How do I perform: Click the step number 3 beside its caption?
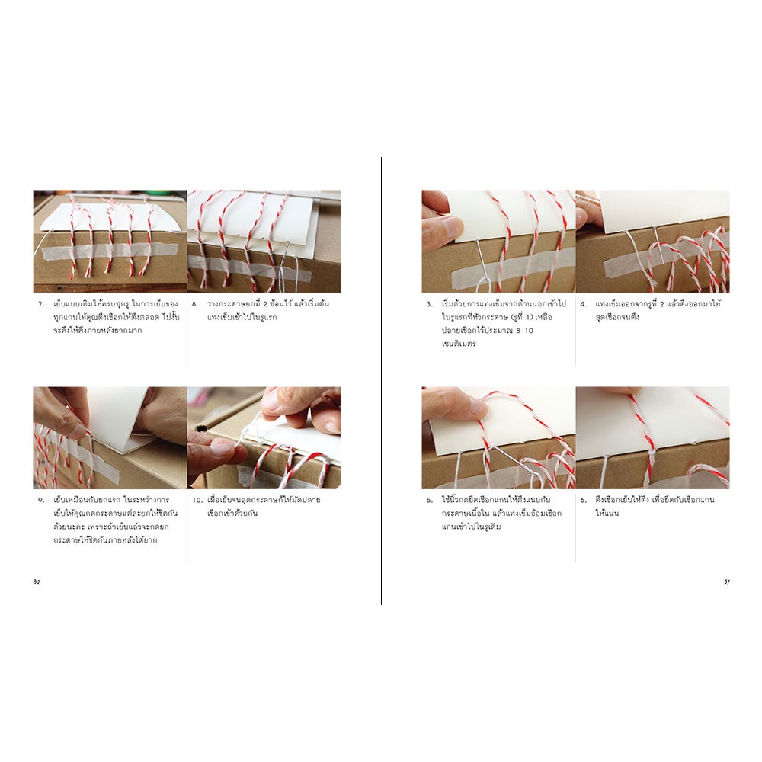coord(429,304)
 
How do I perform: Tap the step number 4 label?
coord(583,304)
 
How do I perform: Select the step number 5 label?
coord(429,500)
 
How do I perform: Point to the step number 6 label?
coord(583,500)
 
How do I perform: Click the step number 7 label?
coord(41,304)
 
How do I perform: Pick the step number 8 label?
coord(195,304)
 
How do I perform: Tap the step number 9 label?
coord(41,500)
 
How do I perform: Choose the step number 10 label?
coord(197,500)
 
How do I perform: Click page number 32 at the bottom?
coord(37,582)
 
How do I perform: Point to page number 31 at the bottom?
coord(726,582)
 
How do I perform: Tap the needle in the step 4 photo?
coord(657,245)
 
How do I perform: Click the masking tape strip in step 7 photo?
coord(98,251)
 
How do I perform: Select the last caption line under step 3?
coord(459,344)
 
